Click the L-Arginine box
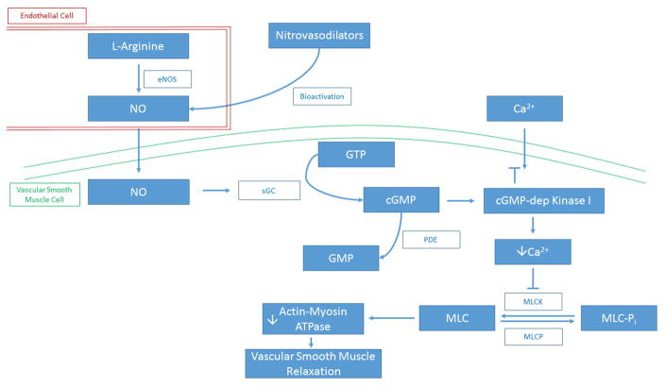point(138,46)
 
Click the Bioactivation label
point(321,96)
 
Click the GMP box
point(340,256)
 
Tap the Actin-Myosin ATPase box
point(314,319)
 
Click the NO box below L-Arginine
point(138,108)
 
